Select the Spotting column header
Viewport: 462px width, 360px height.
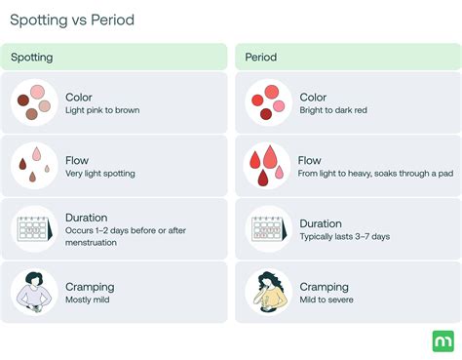[x=32, y=58]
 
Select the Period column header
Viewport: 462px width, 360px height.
[x=261, y=58]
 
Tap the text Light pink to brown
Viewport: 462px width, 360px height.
[x=102, y=110]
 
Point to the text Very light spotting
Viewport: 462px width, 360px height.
[x=100, y=174]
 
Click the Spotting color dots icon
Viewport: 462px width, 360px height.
[x=34, y=102]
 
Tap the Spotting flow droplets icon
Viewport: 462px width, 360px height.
[x=34, y=165]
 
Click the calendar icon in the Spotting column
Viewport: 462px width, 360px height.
[x=34, y=228]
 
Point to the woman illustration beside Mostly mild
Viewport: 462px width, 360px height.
[x=34, y=292]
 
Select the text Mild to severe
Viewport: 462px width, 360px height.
[x=327, y=300]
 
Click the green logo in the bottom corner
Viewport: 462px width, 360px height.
[x=442, y=340]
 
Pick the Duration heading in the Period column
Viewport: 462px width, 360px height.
[x=321, y=223]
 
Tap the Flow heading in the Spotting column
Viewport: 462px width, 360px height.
[x=77, y=160]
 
